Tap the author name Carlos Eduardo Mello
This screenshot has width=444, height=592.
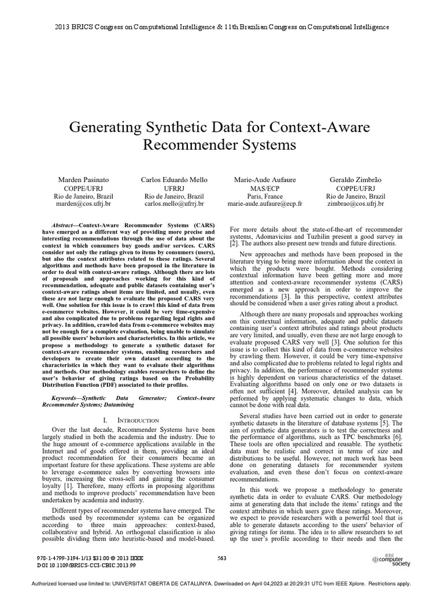(174, 180)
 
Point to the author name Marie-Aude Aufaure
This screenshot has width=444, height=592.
(265, 180)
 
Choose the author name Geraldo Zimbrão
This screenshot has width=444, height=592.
(355, 180)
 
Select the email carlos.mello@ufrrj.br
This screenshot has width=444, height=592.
(174, 204)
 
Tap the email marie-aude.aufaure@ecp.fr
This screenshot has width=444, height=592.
(265, 204)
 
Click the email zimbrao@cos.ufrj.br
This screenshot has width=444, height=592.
(355, 204)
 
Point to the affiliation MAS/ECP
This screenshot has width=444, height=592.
(265, 188)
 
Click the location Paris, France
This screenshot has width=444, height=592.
(265, 196)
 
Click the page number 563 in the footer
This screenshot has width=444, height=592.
(221, 557)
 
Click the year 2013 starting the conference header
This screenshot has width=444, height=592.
(62, 27)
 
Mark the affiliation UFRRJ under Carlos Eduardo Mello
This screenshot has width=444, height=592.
(174, 188)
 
